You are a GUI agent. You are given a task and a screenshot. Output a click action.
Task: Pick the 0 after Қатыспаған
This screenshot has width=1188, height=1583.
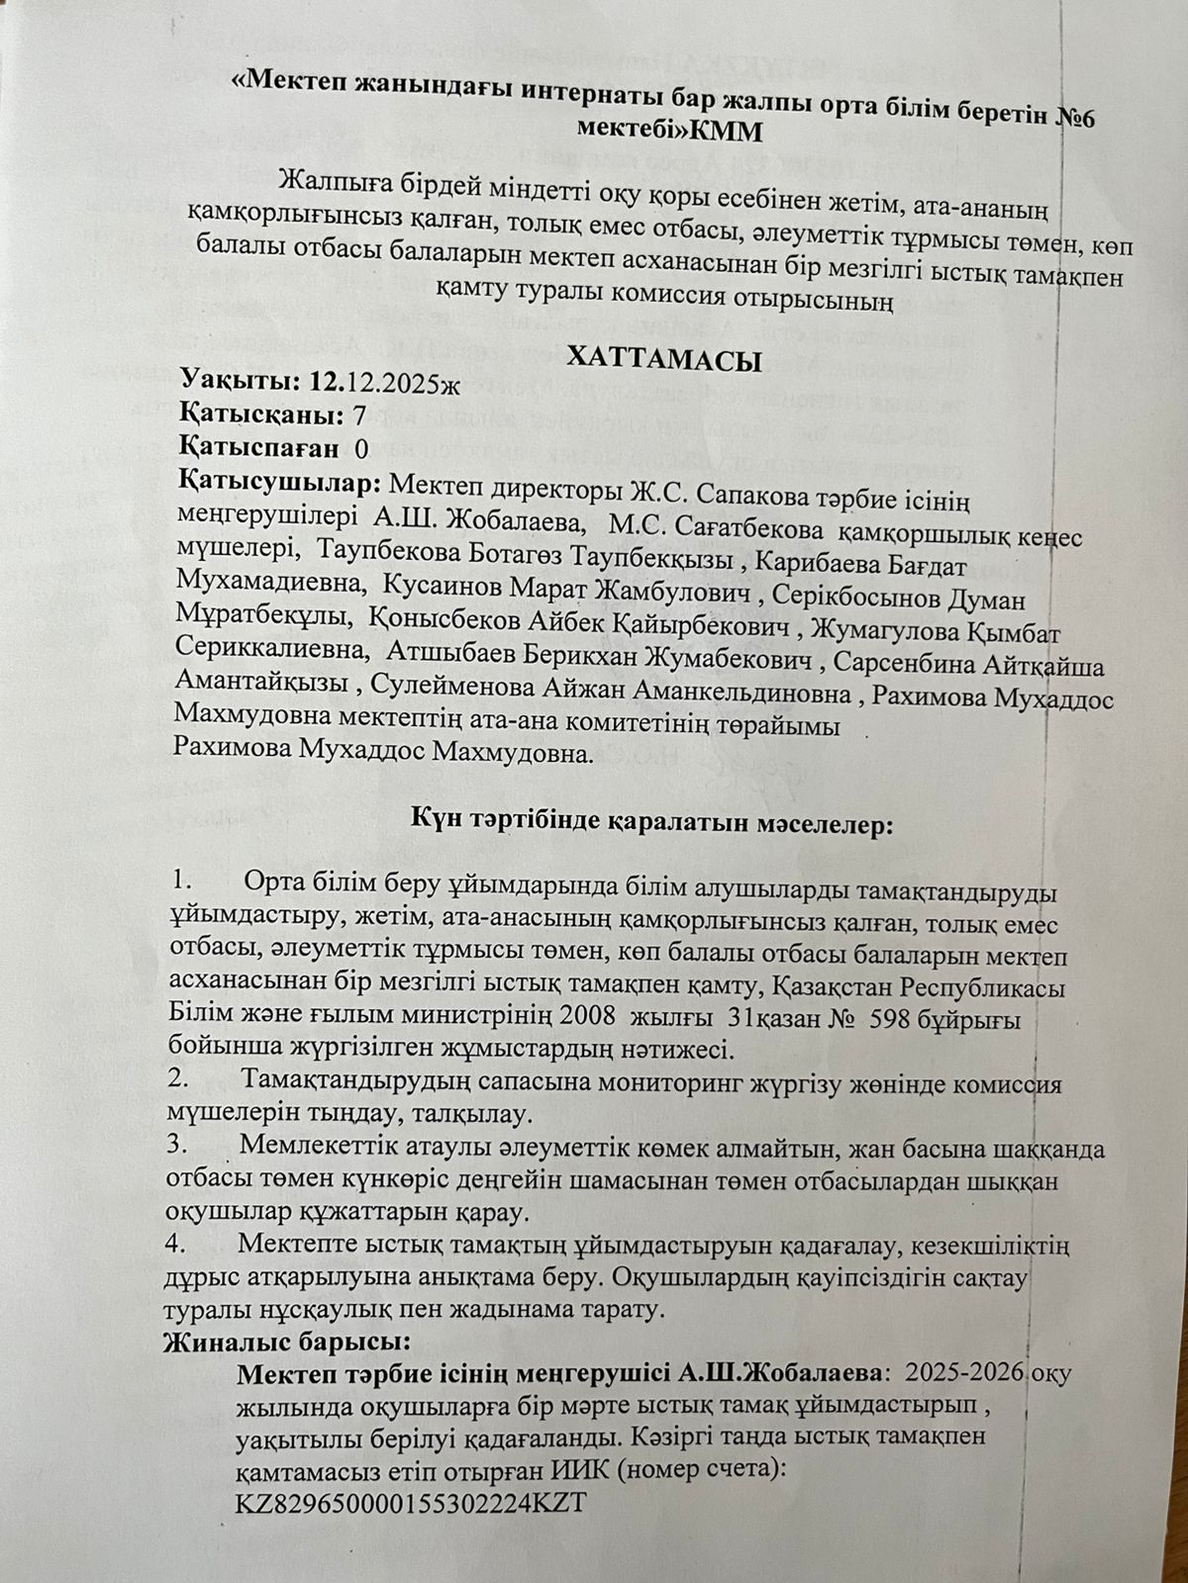coord(361,448)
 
